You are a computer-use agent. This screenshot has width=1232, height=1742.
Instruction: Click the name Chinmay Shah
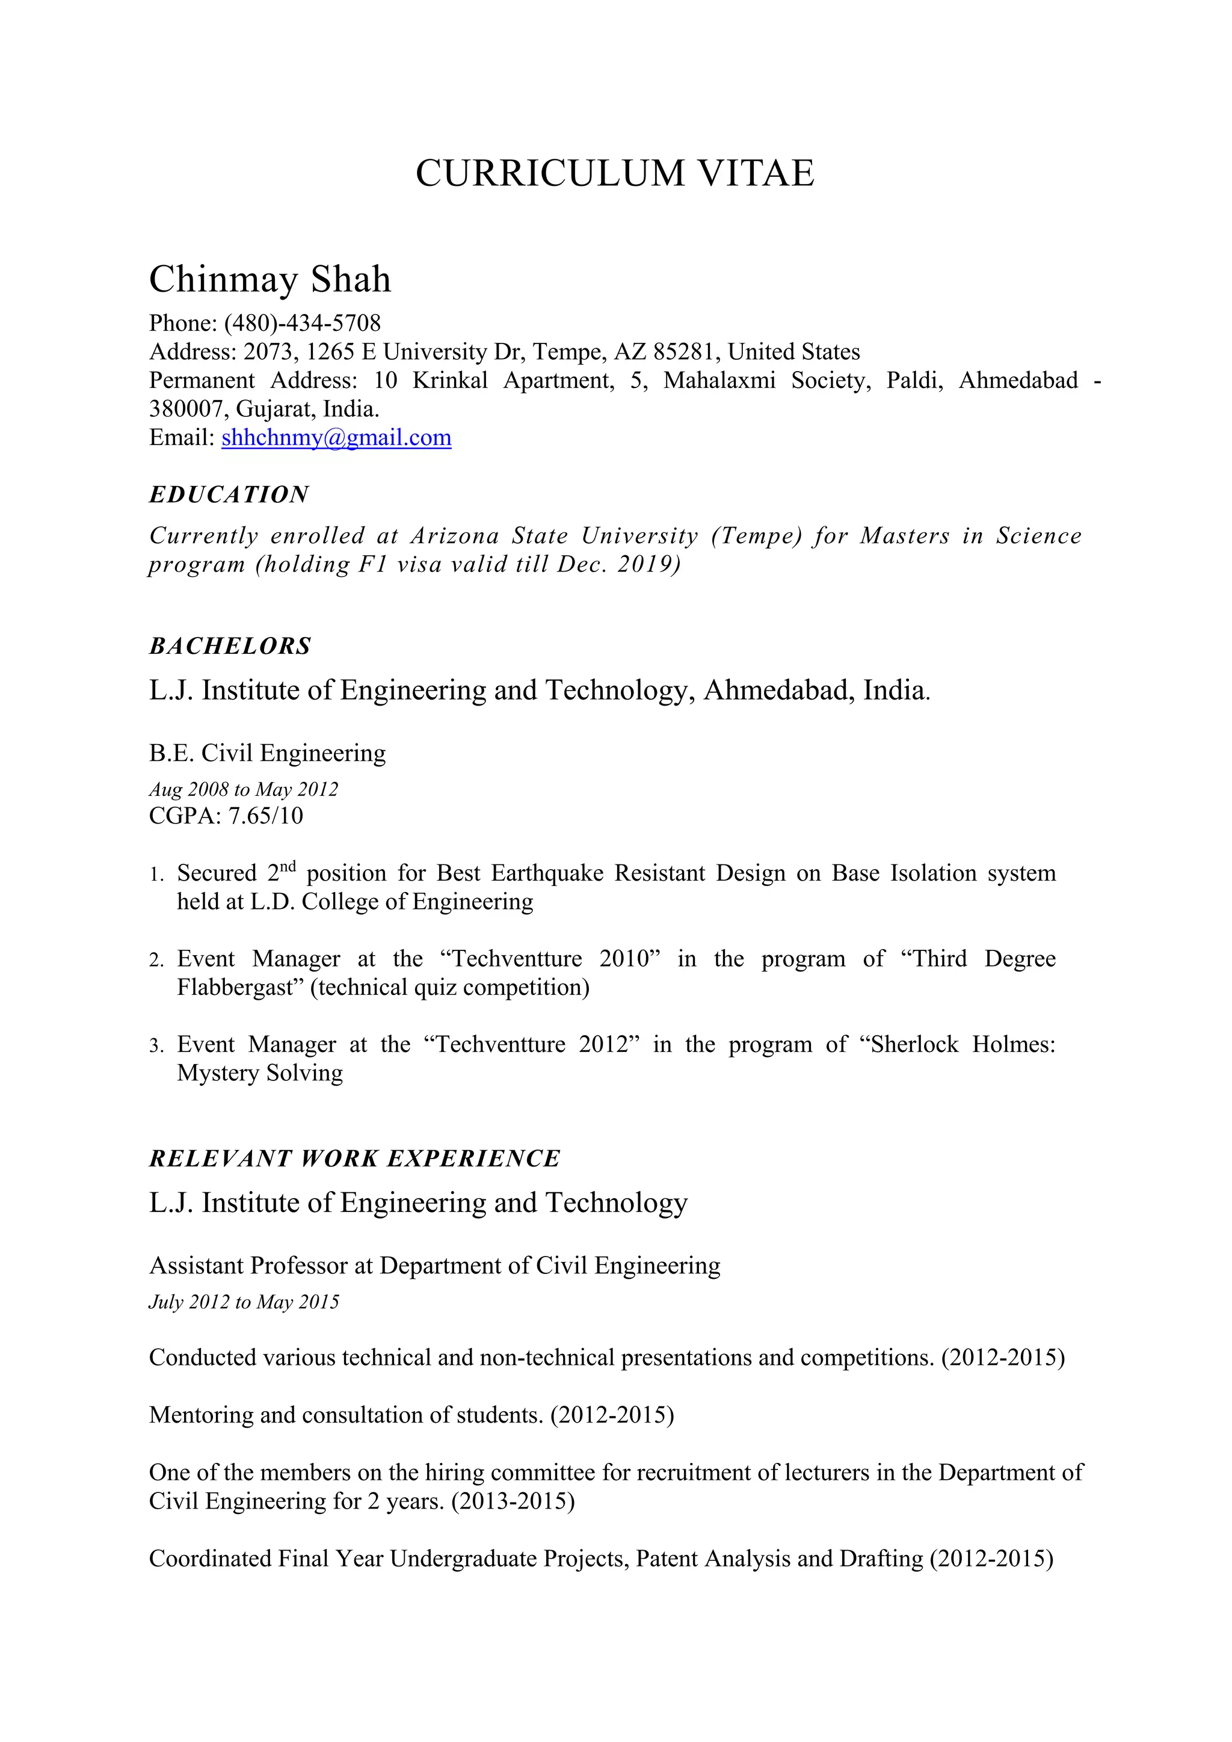(x=270, y=279)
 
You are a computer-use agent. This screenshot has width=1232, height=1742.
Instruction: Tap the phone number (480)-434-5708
(x=302, y=323)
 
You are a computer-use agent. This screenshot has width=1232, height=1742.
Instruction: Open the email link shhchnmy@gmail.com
(x=336, y=438)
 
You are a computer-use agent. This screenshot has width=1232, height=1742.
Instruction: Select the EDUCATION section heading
(x=229, y=494)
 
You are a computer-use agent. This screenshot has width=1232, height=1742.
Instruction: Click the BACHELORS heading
(x=230, y=647)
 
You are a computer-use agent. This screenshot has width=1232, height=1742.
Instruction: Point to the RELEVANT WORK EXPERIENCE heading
(x=354, y=1159)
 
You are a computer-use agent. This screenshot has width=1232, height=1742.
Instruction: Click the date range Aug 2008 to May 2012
(x=244, y=790)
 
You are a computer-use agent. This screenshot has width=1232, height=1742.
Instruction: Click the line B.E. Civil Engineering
(x=267, y=753)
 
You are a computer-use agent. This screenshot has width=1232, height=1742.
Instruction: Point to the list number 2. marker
(x=156, y=961)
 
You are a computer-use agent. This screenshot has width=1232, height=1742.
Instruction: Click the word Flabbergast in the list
(x=240, y=988)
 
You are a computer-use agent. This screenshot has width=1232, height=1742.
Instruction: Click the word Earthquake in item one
(x=547, y=873)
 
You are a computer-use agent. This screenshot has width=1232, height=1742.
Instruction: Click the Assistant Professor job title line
(x=435, y=1266)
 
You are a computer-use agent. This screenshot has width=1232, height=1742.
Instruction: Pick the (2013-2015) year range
(x=513, y=1501)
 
